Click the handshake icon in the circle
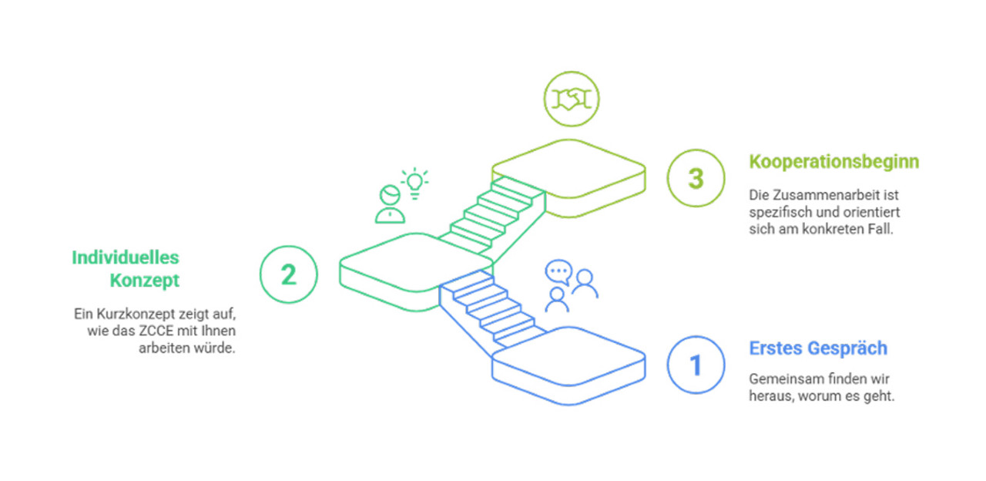[x=572, y=99]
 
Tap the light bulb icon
[x=414, y=183]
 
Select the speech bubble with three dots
[x=558, y=272]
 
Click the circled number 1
[x=696, y=365]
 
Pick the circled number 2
[x=288, y=274]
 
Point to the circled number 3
[x=696, y=178]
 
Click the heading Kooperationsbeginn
[x=834, y=162]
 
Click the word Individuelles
[x=126, y=257]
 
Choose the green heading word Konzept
[x=144, y=281]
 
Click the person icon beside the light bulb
[x=390, y=204]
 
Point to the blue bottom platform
[x=568, y=365]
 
